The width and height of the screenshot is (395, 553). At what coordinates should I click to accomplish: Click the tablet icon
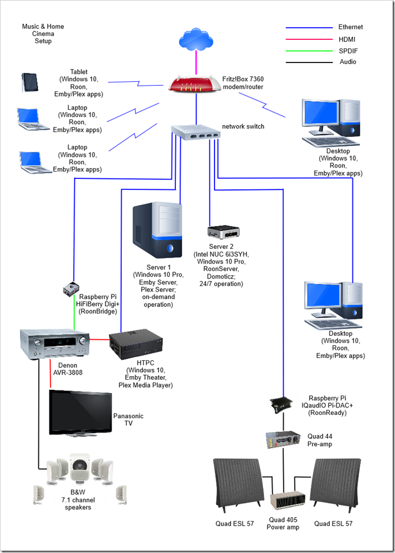pos(30,82)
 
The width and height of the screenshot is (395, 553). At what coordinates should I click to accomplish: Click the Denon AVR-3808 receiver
pos(56,344)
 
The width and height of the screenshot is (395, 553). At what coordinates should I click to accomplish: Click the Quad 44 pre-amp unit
pos(283,439)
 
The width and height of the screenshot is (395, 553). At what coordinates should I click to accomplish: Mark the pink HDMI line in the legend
pos(308,39)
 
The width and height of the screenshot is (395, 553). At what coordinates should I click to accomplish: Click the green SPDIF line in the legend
pos(308,51)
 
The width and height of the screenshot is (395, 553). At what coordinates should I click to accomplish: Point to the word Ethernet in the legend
pos(350,27)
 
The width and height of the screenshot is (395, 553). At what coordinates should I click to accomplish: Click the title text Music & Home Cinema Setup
pos(43,34)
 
